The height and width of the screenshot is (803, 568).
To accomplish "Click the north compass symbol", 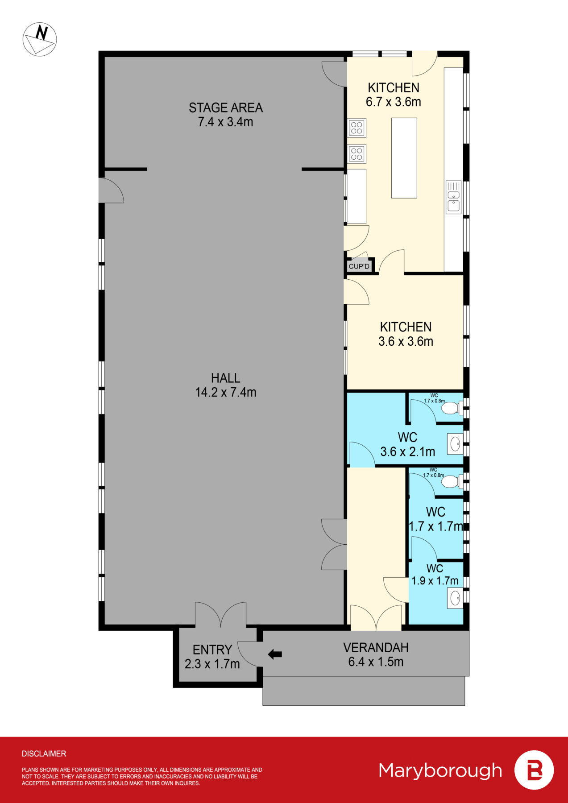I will (40, 39).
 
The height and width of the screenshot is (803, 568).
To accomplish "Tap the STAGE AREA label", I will (225, 108).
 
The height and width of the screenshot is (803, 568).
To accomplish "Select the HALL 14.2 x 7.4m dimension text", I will (225, 392).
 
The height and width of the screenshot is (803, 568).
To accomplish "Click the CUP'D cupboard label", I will (359, 266).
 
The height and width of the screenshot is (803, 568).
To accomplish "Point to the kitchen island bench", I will (404, 157).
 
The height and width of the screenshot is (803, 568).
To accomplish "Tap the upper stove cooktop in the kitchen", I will (357, 128).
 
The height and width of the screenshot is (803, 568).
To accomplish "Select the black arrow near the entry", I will (275, 654).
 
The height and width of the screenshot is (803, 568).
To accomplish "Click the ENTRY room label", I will (212, 650).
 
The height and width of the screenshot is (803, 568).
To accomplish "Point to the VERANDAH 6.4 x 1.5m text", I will (376, 662).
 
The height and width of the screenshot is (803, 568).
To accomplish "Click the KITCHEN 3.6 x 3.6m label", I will (406, 334).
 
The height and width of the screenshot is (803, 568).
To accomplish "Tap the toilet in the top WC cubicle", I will (453, 408).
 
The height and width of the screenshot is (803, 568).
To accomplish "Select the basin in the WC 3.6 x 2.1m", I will (455, 444).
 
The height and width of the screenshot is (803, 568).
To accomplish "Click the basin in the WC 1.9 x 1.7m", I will (455, 598).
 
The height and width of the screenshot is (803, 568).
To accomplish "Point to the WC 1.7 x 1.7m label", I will (435, 519).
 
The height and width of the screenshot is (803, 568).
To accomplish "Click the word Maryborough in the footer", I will (440, 770).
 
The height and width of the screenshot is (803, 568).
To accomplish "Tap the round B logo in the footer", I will (534, 770).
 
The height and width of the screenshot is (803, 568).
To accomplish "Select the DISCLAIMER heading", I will (44, 753).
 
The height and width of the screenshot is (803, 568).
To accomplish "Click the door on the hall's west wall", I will (111, 191).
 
